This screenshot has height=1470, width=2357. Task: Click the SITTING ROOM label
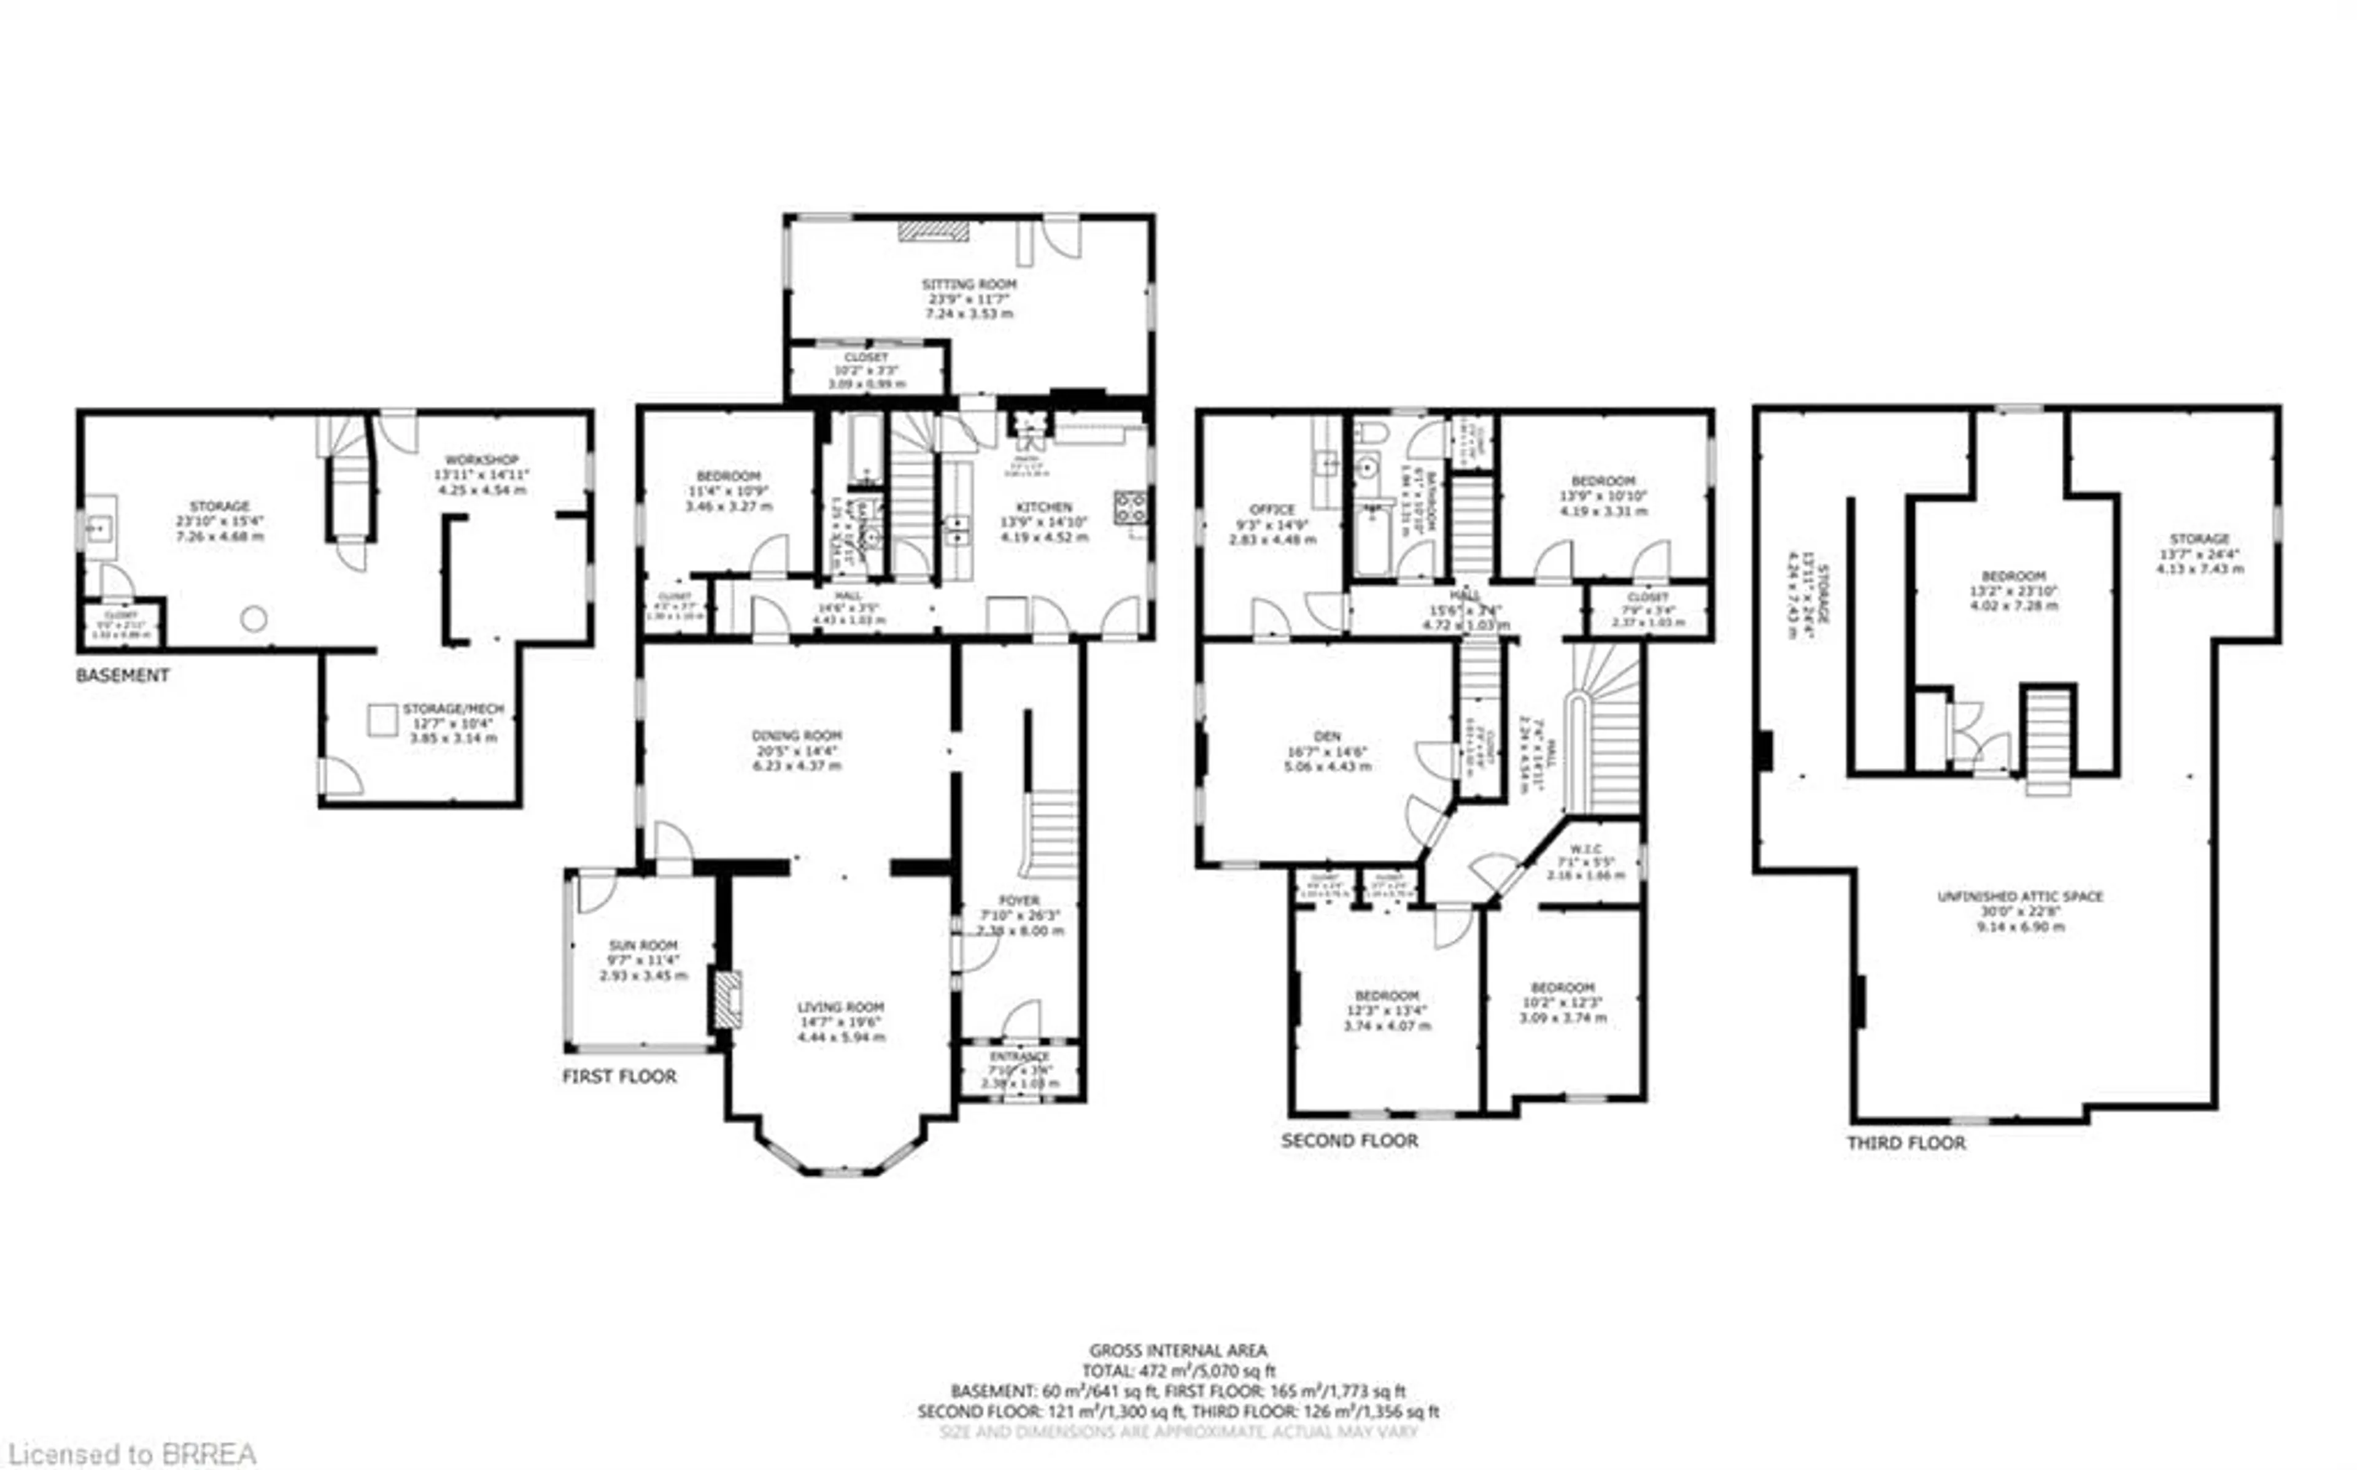(x=969, y=285)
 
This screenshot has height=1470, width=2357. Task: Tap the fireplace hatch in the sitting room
(x=932, y=231)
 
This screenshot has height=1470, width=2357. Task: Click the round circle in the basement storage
(x=254, y=618)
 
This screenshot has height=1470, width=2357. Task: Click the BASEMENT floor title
(x=123, y=675)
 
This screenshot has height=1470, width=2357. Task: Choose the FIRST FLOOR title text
(x=619, y=1076)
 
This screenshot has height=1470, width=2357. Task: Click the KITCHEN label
(x=1043, y=507)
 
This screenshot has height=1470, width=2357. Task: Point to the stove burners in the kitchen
(x=1130, y=507)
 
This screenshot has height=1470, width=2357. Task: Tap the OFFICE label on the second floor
(x=1272, y=509)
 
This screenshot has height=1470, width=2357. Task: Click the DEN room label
(x=1326, y=737)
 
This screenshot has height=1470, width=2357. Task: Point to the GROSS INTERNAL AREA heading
(x=1177, y=1350)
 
